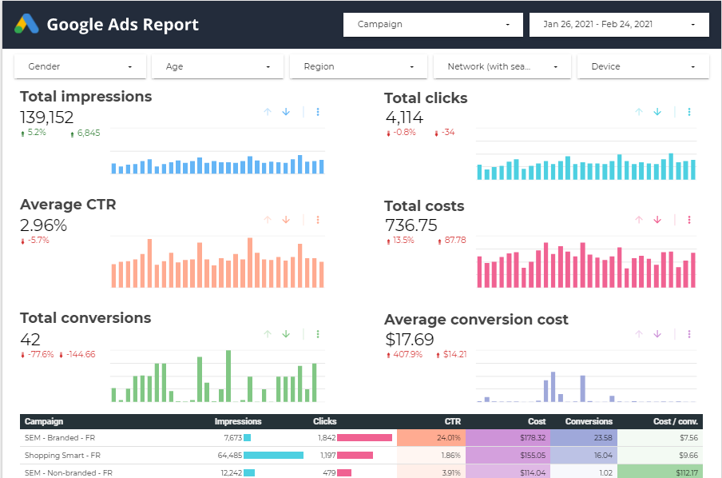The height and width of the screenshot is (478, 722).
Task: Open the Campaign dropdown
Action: point(433,24)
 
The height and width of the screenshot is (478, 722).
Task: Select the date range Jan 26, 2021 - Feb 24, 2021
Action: point(618,24)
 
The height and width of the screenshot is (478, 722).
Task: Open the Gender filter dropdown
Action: point(80,66)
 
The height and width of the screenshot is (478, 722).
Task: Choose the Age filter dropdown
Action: point(217,66)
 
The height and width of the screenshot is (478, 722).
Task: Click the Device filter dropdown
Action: point(643,66)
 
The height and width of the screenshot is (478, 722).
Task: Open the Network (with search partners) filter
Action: point(502,66)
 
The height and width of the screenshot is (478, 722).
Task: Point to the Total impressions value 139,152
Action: point(47,118)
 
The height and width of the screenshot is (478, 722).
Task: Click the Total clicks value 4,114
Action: point(404,118)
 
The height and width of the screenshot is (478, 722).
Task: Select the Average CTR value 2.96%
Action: point(43,225)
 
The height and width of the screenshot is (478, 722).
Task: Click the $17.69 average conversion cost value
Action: point(410,340)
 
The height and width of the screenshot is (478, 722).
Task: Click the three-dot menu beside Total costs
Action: point(688,220)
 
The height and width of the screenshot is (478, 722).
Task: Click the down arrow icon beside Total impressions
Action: point(285,112)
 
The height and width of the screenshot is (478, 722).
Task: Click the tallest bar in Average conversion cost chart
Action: point(553,386)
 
